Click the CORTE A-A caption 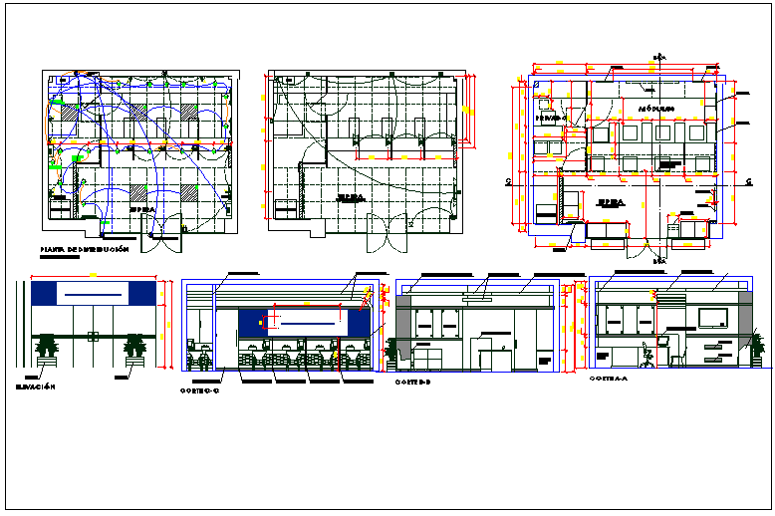pyautogui.click(x=608, y=380)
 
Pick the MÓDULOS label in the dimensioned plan pyautogui.click(x=656, y=107)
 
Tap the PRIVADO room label pyautogui.click(x=550, y=119)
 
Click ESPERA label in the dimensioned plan pyautogui.click(x=610, y=202)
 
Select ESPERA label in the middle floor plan pyautogui.click(x=351, y=198)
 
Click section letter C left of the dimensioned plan pyautogui.click(x=508, y=181)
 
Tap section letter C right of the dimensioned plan pyautogui.click(x=747, y=181)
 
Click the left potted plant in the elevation pyautogui.click(x=46, y=350)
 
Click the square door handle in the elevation pyautogui.click(x=93, y=337)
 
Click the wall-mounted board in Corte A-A pyautogui.click(x=713, y=318)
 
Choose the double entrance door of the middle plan pyautogui.click(x=382, y=233)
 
